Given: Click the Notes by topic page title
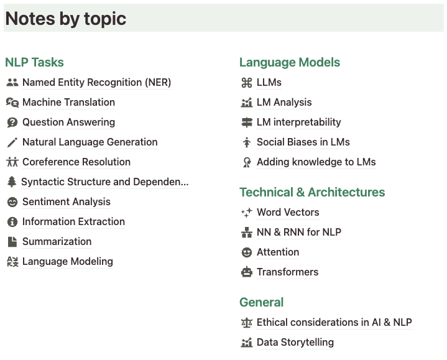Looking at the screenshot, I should (x=66, y=19).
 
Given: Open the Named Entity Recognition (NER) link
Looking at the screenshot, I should (x=96, y=83).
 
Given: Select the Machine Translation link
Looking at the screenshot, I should (x=68, y=103).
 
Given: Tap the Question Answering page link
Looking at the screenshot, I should (x=68, y=122).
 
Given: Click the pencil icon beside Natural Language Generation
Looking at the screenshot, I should (x=12, y=142).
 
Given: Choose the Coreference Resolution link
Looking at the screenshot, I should (x=76, y=162).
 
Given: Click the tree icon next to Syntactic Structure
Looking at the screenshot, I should (x=12, y=182).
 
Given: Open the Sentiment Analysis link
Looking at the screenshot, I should (x=66, y=202).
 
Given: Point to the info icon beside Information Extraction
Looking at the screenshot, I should (x=12, y=222).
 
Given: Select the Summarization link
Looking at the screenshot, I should (x=57, y=242).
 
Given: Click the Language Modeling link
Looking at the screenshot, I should (x=67, y=262).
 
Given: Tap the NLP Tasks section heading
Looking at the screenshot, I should (x=34, y=62).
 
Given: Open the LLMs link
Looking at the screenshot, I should (x=269, y=83).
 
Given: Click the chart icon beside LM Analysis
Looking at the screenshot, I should (x=246, y=103).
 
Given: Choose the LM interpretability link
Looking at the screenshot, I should (x=298, y=122).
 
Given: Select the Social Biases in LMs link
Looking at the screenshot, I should (x=303, y=142).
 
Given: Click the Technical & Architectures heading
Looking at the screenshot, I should (x=312, y=192).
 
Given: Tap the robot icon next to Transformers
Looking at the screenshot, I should (x=246, y=272).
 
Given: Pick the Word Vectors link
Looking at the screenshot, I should (x=288, y=213).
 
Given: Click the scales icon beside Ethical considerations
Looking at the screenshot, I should (x=246, y=323).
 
